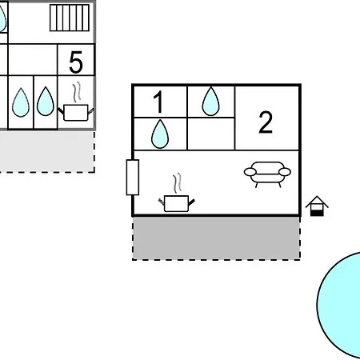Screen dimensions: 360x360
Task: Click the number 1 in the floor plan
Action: click(158, 102)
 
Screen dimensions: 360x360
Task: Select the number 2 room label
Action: click(266, 122)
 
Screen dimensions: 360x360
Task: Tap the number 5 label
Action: click(76, 62)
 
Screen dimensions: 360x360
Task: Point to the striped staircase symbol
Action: click(70, 18)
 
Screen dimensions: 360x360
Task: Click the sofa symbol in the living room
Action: click(267, 174)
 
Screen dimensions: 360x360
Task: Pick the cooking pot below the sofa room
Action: click(177, 203)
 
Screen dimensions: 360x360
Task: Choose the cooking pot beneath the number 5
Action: click(76, 113)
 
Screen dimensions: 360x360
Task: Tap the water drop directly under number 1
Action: click(160, 134)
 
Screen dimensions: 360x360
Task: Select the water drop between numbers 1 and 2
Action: click(211, 102)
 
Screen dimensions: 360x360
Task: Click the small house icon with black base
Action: click(317, 206)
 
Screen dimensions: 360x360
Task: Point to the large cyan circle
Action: click(338, 305)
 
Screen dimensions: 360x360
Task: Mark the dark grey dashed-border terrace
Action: click(216, 238)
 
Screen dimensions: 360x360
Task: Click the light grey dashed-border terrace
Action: click(47, 151)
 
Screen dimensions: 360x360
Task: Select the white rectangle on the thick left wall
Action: click(133, 178)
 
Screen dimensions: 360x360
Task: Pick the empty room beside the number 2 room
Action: click(211, 134)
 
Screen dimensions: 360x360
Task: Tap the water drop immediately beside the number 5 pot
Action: click(46, 102)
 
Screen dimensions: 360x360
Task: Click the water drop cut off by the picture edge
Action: click(2, 18)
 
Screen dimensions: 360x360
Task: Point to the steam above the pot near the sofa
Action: click(177, 183)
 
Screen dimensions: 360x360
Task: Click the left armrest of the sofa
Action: click(250, 172)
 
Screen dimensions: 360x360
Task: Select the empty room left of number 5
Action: click(33, 60)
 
